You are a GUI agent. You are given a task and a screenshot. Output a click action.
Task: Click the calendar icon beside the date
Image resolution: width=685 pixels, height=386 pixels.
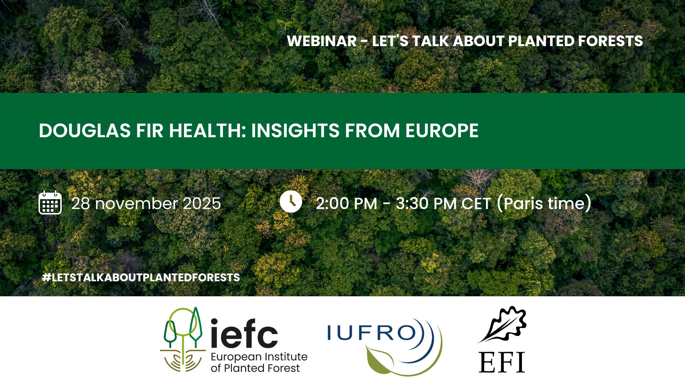(x=50, y=203)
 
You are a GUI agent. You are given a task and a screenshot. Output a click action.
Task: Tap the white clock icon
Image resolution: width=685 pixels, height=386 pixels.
(x=291, y=202)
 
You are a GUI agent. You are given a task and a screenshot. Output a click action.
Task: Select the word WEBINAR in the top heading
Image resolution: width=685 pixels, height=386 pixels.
(x=322, y=41)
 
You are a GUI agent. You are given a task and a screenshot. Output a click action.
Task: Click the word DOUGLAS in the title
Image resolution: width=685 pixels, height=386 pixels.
(x=85, y=130)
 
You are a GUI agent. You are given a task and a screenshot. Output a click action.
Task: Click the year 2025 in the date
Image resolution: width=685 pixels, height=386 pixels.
(x=202, y=203)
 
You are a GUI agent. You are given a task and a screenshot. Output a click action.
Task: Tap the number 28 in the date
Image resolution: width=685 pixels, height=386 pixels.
(x=81, y=203)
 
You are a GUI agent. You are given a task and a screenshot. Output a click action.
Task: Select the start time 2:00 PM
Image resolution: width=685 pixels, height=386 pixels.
(x=346, y=203)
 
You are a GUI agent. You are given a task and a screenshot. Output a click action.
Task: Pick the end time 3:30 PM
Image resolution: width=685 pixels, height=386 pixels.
(x=426, y=203)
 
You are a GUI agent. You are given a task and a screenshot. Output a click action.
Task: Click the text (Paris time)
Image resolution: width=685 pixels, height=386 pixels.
(x=544, y=203)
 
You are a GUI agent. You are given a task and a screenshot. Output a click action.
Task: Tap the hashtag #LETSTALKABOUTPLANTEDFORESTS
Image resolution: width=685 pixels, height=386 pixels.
(x=141, y=277)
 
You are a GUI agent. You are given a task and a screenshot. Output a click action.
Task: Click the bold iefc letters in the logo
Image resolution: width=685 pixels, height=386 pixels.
(x=244, y=333)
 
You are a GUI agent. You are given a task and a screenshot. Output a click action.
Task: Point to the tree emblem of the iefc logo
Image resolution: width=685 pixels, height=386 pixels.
(x=183, y=339)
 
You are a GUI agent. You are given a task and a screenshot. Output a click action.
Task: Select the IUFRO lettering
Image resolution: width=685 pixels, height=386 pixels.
(x=372, y=333)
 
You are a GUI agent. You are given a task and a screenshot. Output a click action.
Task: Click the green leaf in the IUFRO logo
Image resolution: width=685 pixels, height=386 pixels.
(x=379, y=359)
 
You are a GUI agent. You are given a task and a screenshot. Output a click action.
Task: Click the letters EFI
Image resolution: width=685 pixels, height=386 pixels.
(x=502, y=362)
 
